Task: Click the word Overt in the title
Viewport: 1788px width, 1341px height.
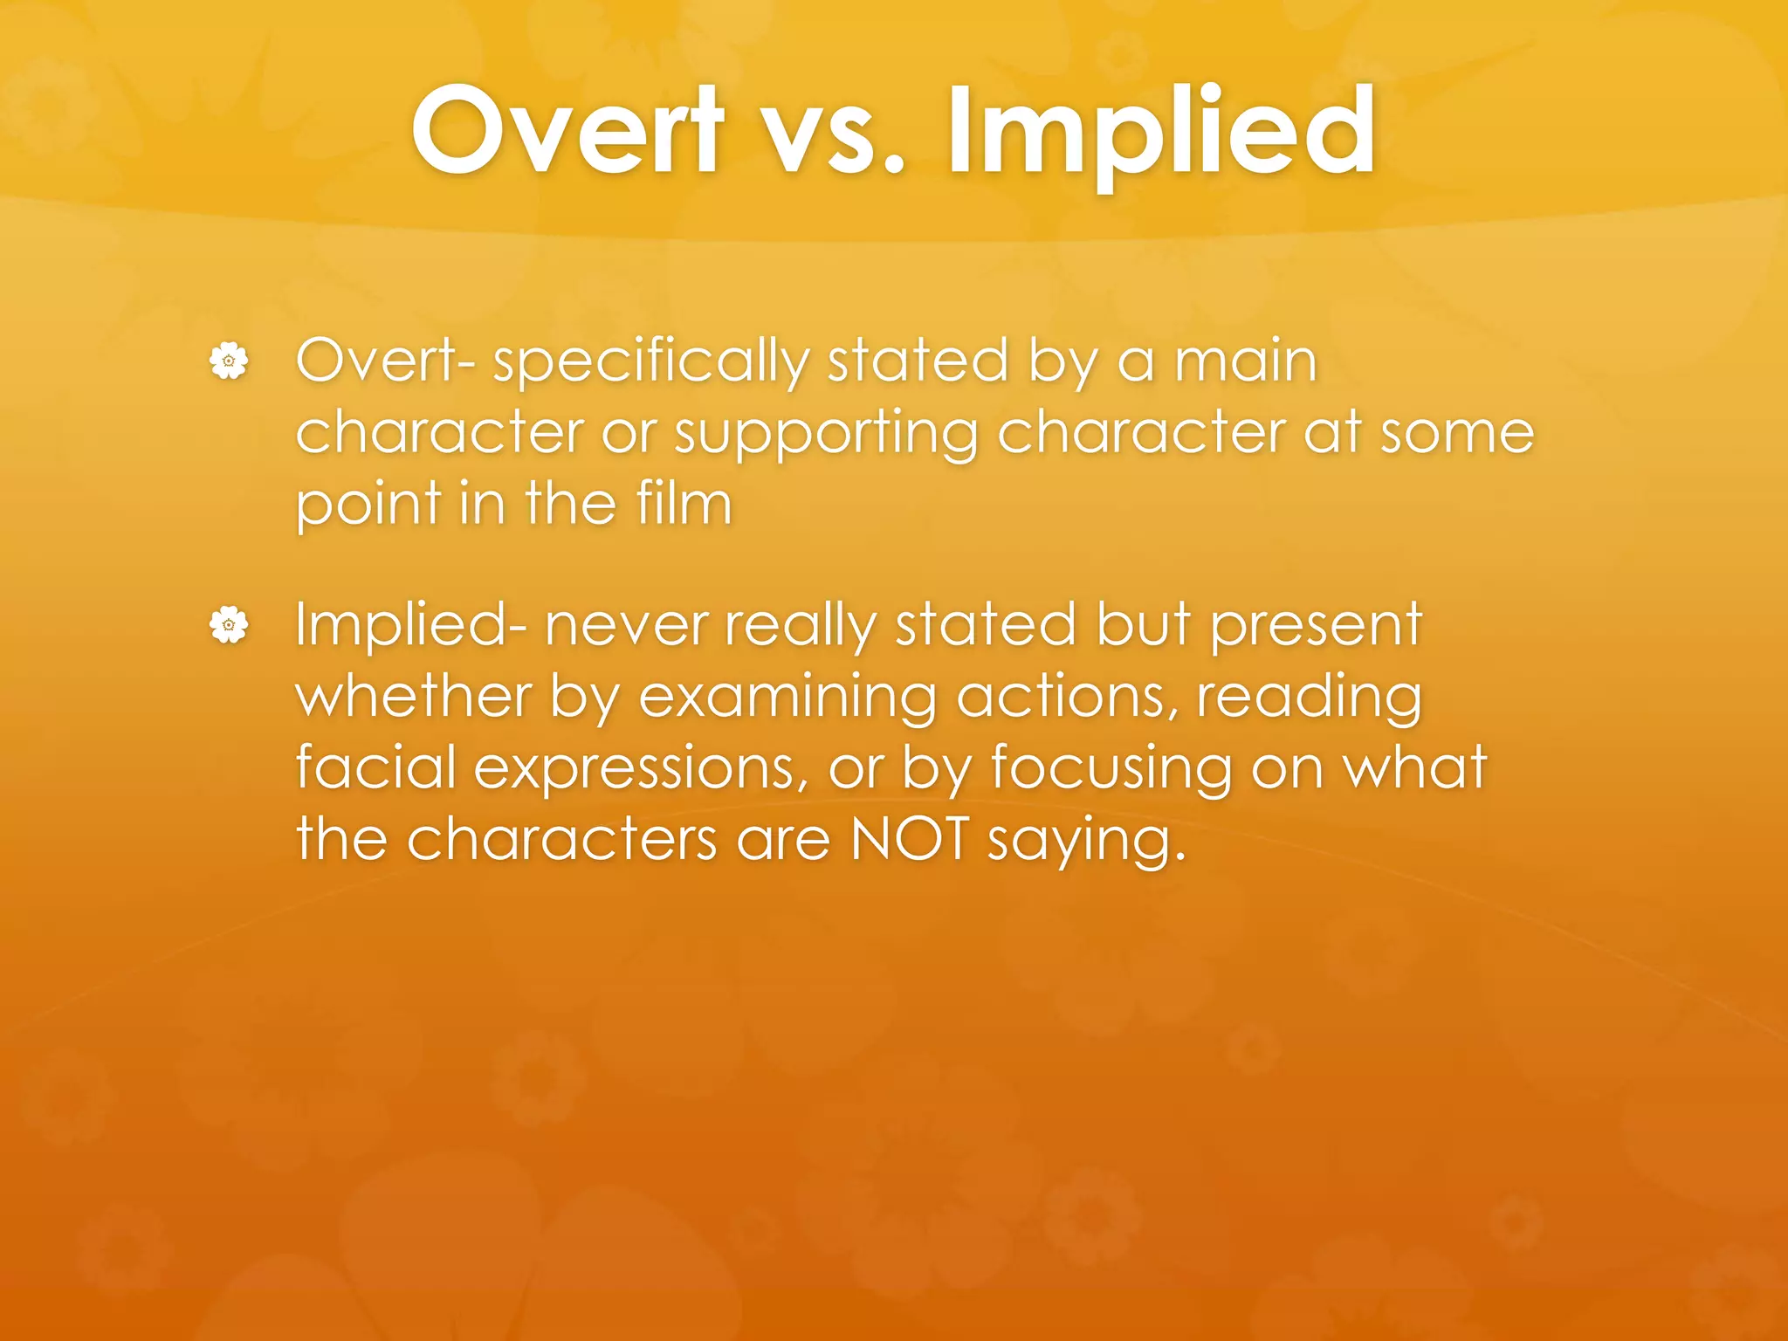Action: click(568, 131)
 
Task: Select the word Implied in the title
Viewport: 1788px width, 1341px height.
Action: click(1161, 131)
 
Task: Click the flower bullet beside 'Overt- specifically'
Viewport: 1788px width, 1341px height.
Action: click(229, 361)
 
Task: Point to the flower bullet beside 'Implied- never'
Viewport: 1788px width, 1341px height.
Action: click(229, 625)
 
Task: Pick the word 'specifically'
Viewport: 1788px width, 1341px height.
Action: click(650, 362)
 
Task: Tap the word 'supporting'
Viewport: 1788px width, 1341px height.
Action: click(826, 435)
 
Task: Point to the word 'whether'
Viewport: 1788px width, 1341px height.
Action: click(414, 697)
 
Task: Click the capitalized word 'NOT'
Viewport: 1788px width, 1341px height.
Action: click(909, 839)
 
